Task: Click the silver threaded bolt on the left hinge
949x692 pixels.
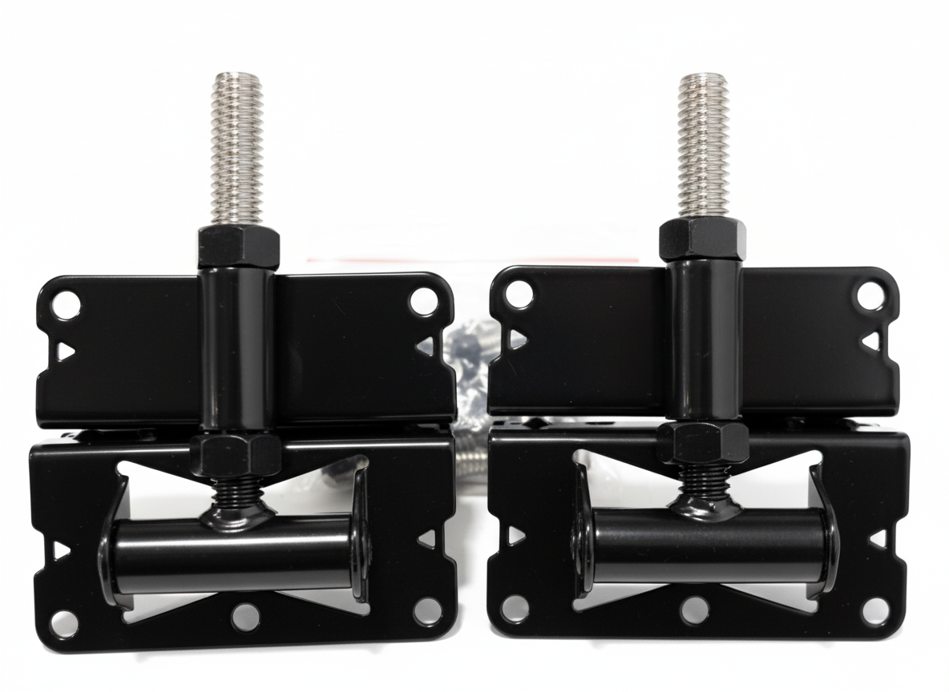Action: [237, 148]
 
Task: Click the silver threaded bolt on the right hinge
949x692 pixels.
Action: [702, 144]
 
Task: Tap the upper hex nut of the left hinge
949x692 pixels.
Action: [238, 247]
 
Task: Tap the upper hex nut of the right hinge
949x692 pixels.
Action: [703, 238]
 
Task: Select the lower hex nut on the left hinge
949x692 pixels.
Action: [236, 454]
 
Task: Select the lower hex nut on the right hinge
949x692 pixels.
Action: [703, 443]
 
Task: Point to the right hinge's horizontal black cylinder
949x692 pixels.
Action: [705, 545]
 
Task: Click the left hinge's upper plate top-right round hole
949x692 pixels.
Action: [422, 301]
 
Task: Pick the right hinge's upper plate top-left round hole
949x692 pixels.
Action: [519, 295]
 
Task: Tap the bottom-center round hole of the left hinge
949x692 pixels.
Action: [245, 617]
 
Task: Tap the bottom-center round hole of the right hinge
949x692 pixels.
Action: [694, 610]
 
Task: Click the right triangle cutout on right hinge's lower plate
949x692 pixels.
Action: [878, 539]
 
